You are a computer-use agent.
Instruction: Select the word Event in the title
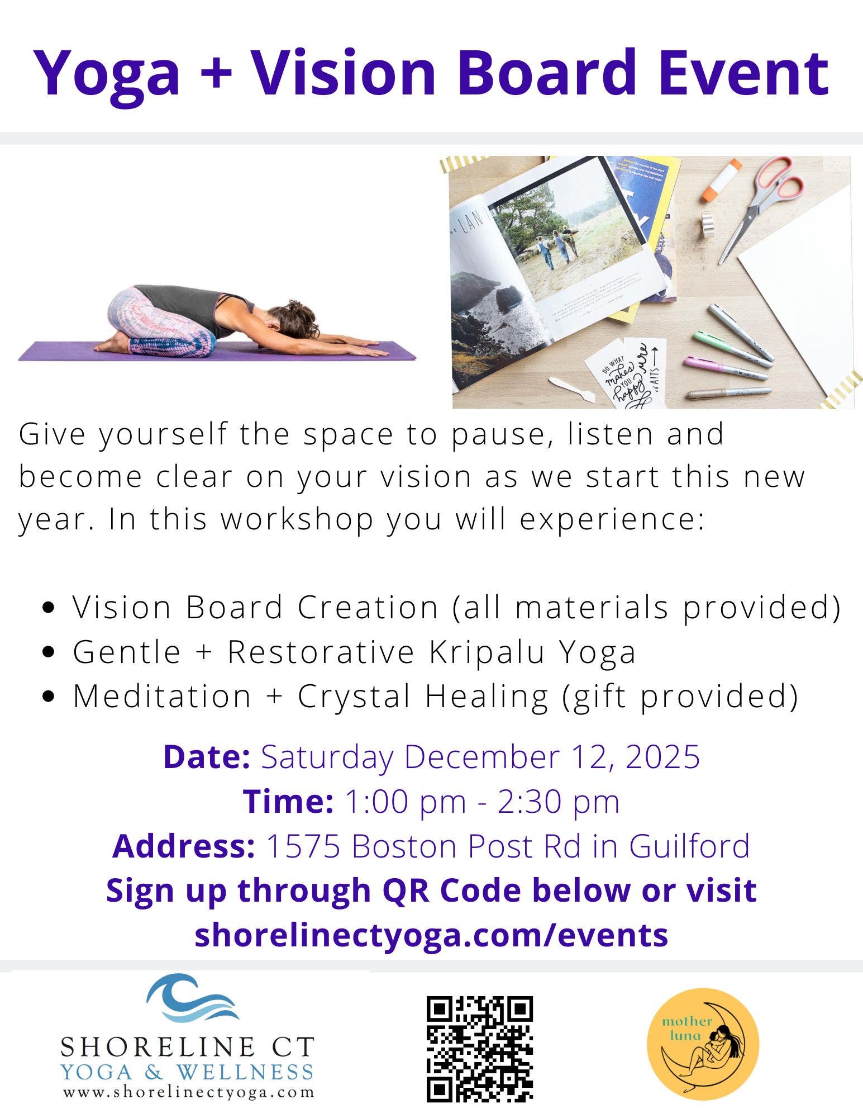743,72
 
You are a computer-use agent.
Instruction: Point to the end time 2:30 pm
558,801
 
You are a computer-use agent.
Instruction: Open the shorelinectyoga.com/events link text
431,934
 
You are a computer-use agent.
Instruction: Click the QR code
479,1049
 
